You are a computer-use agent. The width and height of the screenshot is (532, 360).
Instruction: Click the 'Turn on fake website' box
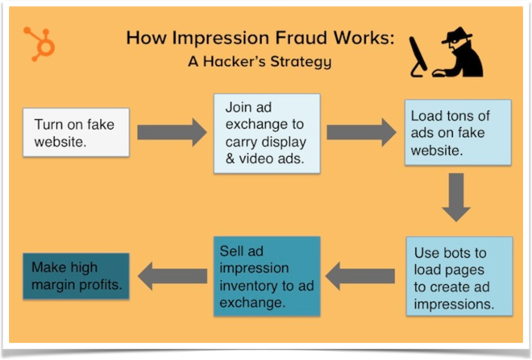(x=76, y=131)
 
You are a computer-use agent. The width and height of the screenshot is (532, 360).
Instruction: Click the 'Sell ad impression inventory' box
(x=266, y=275)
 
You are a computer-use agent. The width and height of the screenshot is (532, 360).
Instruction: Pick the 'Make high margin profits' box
(x=76, y=275)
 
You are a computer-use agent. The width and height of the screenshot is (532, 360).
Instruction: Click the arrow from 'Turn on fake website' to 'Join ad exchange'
(x=171, y=131)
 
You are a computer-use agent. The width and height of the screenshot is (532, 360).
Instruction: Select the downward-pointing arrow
(x=456, y=197)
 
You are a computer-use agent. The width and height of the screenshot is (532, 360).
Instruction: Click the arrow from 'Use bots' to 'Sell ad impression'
(x=360, y=276)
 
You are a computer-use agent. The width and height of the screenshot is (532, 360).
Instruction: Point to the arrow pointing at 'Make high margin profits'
(x=171, y=275)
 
